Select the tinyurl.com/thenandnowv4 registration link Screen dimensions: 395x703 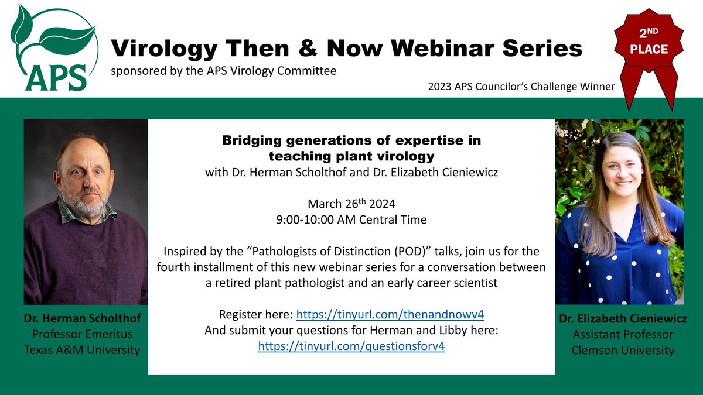pos(390,314)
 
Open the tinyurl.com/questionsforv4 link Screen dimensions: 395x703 pos(351,346)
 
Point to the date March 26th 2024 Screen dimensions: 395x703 pos(351,204)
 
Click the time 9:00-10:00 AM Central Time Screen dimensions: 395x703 pos(351,220)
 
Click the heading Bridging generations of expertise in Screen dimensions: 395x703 pos(351,140)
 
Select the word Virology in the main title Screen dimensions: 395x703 pos(168,47)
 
